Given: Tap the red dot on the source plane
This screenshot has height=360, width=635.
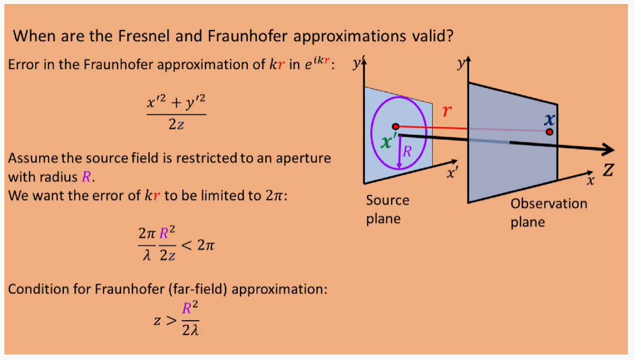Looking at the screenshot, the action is pos(395,127).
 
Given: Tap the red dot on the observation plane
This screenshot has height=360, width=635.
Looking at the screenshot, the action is pos(550,132).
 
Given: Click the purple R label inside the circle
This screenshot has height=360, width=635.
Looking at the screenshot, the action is pos(407,152).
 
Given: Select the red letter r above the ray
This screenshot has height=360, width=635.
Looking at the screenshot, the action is pos(447,111).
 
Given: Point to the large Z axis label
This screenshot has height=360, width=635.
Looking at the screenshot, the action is pos(607,171).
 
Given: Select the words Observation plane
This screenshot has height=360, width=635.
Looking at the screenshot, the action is pos(548,213).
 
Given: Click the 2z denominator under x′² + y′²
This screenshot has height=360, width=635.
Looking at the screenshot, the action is pos(176,125).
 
